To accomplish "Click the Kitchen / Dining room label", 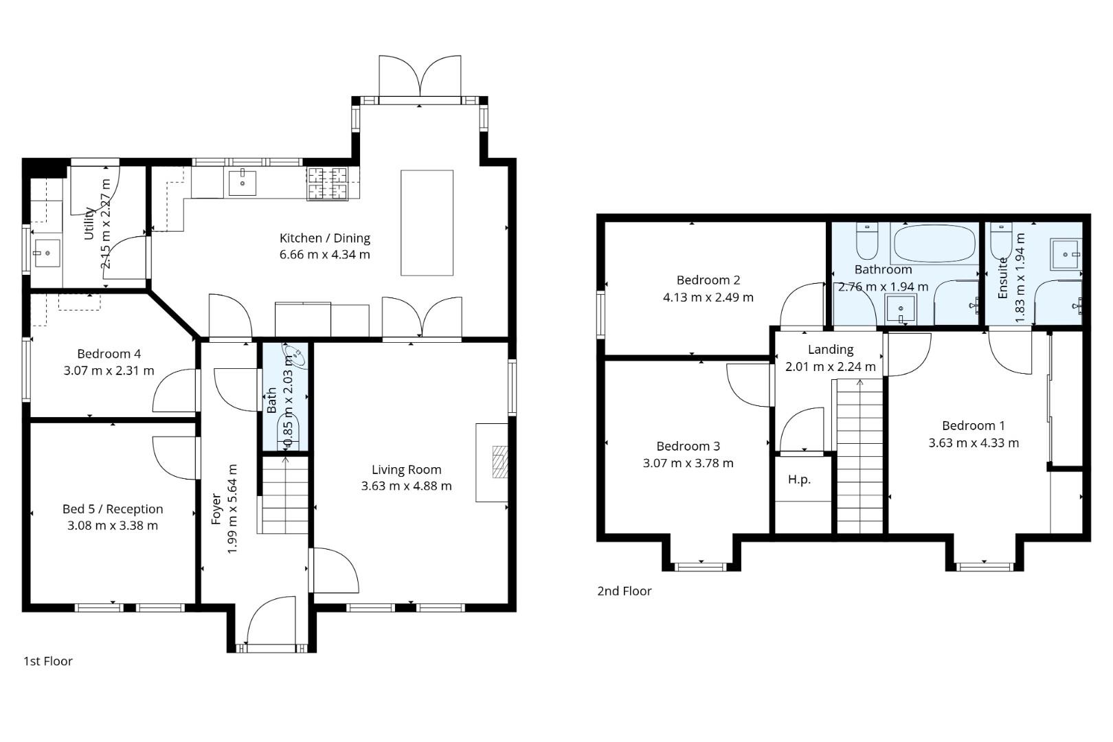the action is click(x=324, y=238).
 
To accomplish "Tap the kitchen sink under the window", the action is click(x=243, y=183).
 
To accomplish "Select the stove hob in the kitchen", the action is click(x=327, y=183).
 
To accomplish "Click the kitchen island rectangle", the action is click(x=427, y=223).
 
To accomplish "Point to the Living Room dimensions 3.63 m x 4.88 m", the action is click(x=407, y=486).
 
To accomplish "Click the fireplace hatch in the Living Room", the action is click(x=500, y=462).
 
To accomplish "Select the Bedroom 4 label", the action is click(x=109, y=354).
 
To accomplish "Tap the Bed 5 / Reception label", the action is click(x=113, y=509).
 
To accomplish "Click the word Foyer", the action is click(x=216, y=509).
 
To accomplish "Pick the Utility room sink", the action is click(x=47, y=254).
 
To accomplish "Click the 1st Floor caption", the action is click(x=48, y=661).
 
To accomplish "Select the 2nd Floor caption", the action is click(x=624, y=591).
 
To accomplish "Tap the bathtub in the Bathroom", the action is click(x=934, y=243).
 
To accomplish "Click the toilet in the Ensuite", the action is click(x=1001, y=240).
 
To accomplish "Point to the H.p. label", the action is click(x=799, y=480).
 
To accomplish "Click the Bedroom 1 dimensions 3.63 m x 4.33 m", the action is click(x=974, y=443).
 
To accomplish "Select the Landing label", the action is click(x=831, y=350).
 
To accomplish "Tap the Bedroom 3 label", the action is click(x=688, y=447).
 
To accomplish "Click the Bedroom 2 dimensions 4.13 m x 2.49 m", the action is click(x=708, y=297).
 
